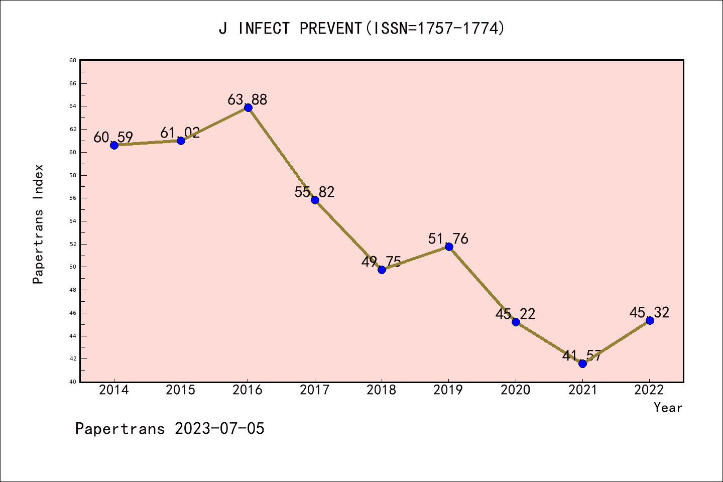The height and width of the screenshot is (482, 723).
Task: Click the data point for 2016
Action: [248, 107]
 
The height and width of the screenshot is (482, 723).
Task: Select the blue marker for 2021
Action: [582, 364]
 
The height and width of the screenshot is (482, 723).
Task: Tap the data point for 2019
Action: [449, 247]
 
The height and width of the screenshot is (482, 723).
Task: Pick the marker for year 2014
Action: [114, 145]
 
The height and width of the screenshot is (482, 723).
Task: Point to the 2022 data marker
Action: [650, 320]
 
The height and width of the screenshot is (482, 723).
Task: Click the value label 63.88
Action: [248, 99]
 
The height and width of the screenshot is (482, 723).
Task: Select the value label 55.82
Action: [314, 192]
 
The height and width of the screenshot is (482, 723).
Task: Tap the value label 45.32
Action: [649, 312]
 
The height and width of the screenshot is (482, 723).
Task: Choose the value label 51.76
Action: [448, 238]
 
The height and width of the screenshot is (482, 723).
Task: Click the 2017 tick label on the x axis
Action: [315, 390]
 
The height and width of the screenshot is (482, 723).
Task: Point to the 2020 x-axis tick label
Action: [515, 390]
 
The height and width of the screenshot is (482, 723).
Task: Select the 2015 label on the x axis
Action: [181, 390]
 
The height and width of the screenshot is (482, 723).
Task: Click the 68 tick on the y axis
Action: [73, 61]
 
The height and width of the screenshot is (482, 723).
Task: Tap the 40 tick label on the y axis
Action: [73, 382]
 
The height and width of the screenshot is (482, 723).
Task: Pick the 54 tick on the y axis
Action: [73, 221]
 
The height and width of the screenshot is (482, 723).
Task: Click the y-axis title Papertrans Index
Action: [39, 224]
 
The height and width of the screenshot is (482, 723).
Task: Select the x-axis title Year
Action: [668, 408]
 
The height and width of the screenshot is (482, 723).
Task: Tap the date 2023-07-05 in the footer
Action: [219, 429]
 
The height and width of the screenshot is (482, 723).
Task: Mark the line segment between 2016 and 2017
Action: [281, 154]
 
